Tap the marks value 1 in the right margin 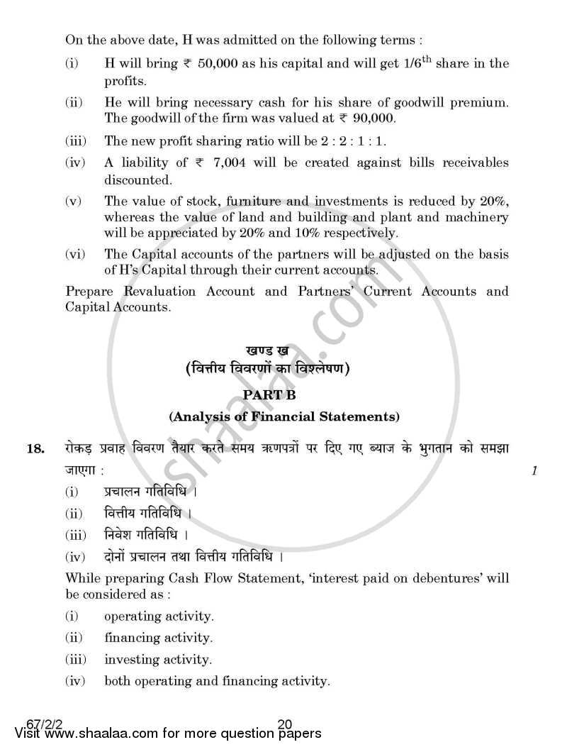tap(534, 470)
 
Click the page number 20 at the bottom tap(285, 724)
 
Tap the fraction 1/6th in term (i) tap(406, 63)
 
